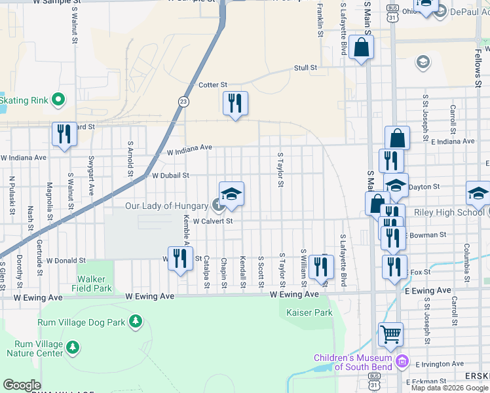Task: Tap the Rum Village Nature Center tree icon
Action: pos(73,346)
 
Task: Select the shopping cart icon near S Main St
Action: pos(391,334)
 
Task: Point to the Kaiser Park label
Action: pos(309,312)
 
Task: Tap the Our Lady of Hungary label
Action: pos(167,206)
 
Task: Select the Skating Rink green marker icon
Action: pos(58,100)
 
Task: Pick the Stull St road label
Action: pos(305,67)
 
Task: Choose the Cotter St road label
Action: pos(212,85)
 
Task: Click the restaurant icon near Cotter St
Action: pos(235,102)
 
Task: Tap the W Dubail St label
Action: pos(170,176)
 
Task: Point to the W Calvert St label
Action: pos(213,221)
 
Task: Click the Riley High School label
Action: pos(443,212)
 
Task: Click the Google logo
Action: pos(22,385)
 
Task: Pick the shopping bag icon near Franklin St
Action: pos(361,47)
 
